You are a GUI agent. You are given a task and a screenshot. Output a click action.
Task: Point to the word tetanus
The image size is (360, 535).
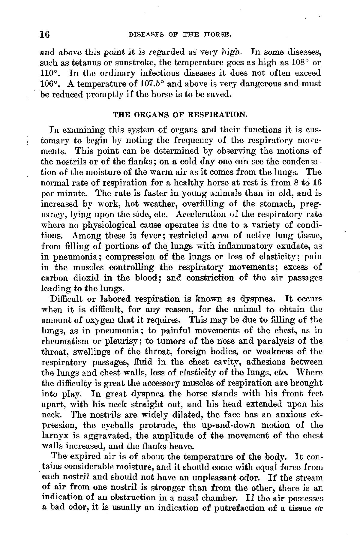click(x=81, y=63)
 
